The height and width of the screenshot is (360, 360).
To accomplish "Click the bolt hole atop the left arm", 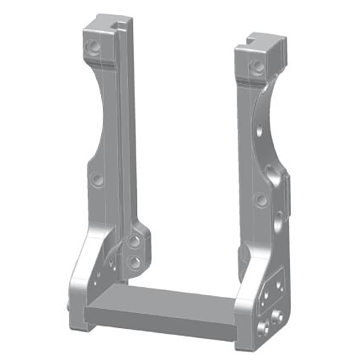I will pos(94,46).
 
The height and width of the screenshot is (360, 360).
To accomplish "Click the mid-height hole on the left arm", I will pos(97,180).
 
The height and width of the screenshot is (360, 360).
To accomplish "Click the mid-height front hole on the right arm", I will pos(261,200).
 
